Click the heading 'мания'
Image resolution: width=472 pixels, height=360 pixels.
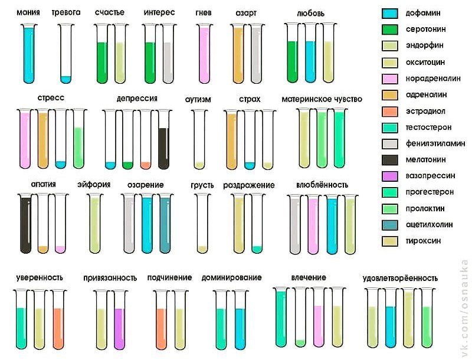coord(28,12)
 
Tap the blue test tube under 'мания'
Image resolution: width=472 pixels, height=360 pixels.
coord(29,54)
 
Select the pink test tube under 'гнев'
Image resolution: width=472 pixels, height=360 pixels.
coord(204,54)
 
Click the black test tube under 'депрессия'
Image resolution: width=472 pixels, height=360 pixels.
coord(163,139)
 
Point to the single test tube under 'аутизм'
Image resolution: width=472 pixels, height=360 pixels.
coord(199,139)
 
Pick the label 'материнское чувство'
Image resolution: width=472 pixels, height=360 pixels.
coord(322,99)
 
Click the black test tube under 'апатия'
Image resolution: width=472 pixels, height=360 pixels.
coord(25,224)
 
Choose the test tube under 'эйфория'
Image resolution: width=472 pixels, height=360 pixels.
coord(95,224)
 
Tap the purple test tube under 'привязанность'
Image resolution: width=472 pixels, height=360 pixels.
coord(120,320)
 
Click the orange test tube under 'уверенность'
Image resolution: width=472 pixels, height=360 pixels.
coord(58,320)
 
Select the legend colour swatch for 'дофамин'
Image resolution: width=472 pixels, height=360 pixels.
coord(390,13)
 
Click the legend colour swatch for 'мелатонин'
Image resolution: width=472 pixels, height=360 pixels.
coord(390,160)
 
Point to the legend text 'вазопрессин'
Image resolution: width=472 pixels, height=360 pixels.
coord(430,176)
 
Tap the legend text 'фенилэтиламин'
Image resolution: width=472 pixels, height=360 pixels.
coord(435,143)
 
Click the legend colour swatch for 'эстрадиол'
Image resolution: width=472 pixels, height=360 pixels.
coord(390,112)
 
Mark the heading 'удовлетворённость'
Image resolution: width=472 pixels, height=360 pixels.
coord(400,278)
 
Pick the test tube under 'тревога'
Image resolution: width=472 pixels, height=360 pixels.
coord(66,54)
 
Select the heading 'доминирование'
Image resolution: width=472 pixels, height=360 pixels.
coord(231,277)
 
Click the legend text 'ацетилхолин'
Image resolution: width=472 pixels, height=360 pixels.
coord(430,224)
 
